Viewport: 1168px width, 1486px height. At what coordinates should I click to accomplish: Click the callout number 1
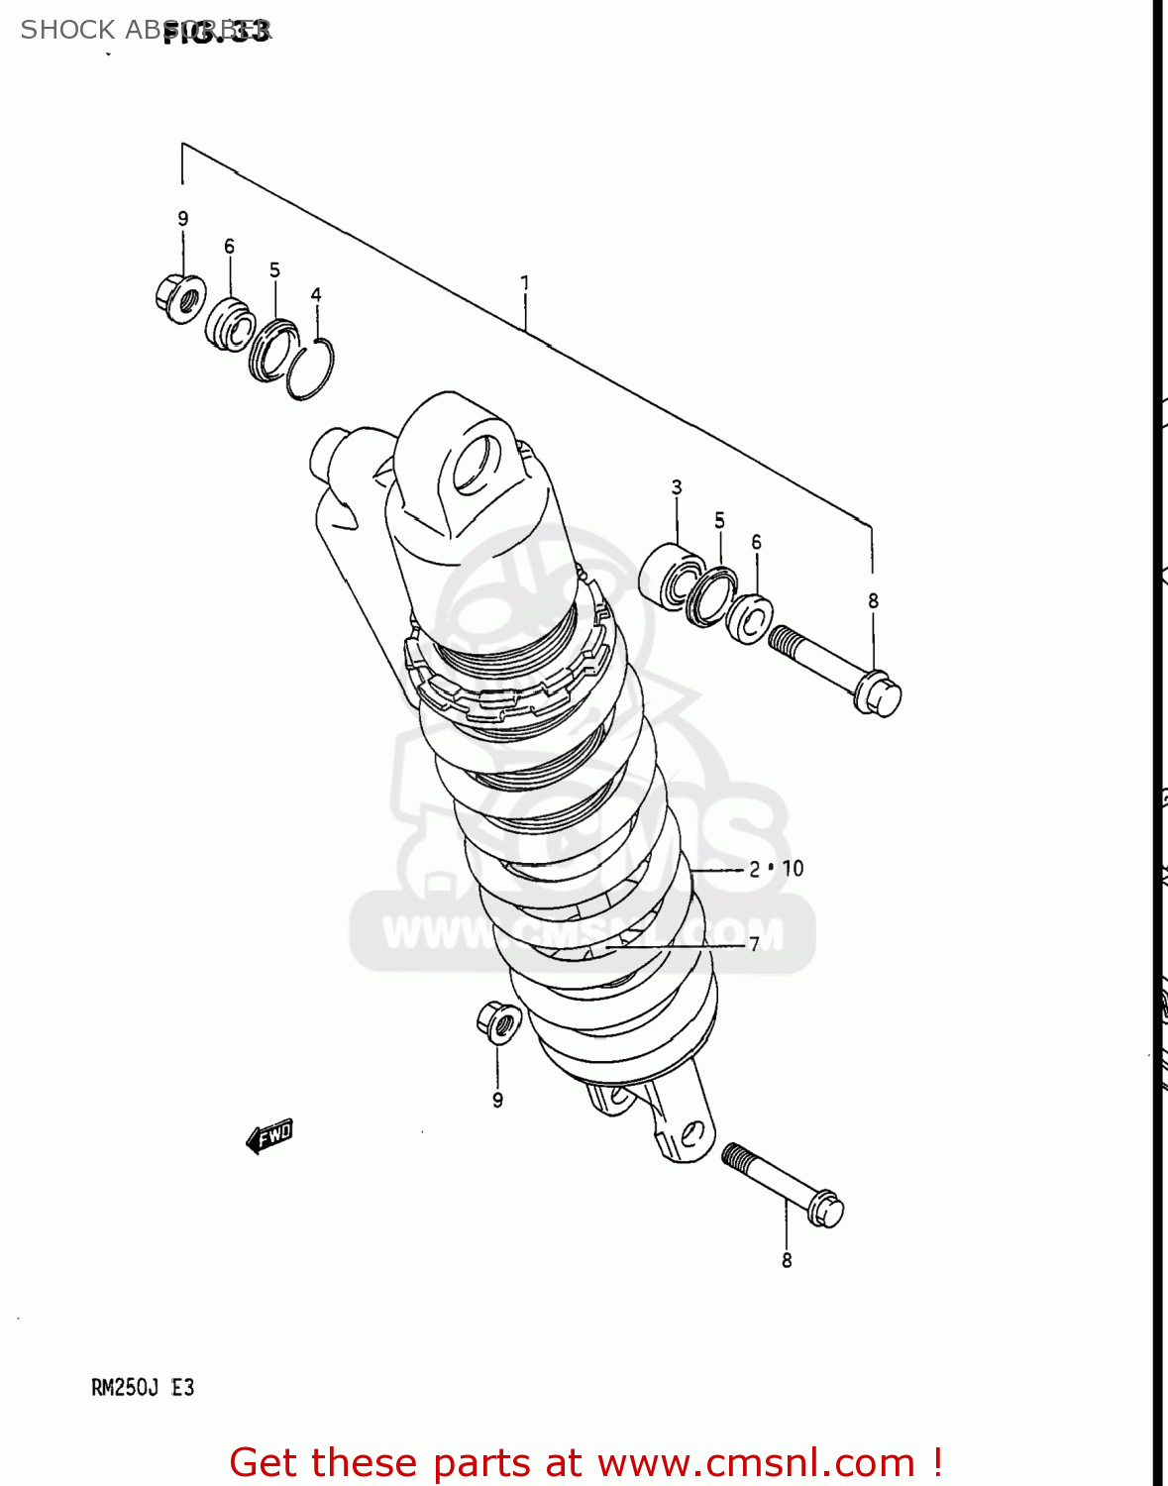tap(524, 283)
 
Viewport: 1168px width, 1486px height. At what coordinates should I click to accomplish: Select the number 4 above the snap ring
tap(316, 294)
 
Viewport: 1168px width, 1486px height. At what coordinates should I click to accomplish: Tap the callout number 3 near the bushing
tap(677, 487)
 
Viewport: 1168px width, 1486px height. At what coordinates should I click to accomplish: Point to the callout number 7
tap(754, 944)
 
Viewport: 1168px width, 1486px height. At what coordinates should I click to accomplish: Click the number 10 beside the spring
tap(793, 869)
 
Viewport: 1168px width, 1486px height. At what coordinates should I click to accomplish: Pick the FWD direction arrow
tap(269, 1136)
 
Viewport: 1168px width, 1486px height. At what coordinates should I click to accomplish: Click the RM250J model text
tap(125, 1388)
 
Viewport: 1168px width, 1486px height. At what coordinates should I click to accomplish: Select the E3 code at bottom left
tap(183, 1388)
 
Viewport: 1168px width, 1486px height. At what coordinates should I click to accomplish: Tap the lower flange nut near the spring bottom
tap(498, 1021)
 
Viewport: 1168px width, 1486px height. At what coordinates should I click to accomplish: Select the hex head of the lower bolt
tap(824, 1209)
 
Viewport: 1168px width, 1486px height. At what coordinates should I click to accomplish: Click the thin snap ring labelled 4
tap(310, 370)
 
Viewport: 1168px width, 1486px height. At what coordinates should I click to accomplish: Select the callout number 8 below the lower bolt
tap(787, 1260)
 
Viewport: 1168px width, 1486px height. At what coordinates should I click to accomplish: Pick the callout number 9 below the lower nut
tap(497, 1100)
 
